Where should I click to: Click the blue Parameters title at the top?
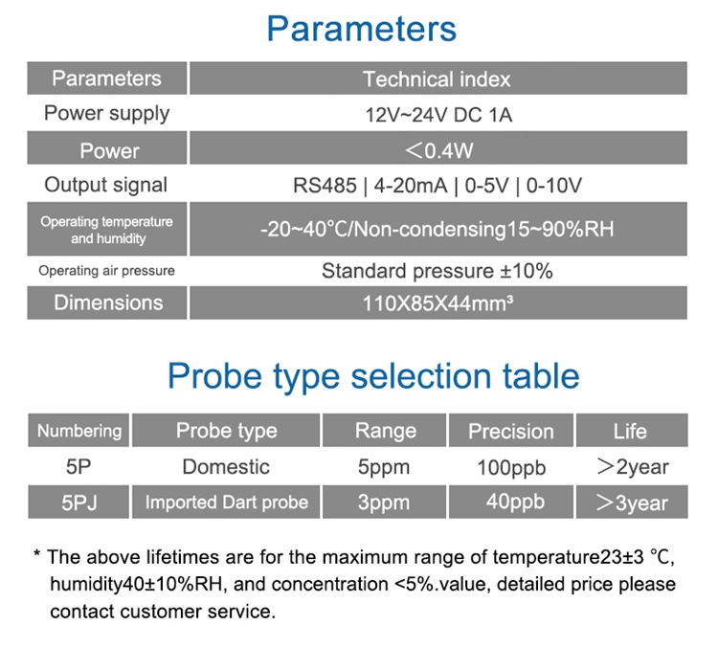tap(361, 29)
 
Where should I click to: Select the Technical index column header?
tap(437, 79)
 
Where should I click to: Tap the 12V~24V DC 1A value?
tap(438, 115)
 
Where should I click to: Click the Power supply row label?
tap(106, 114)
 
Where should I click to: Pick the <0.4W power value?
tap(438, 150)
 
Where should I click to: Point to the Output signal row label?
tap(105, 185)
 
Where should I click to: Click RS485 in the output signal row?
tap(325, 186)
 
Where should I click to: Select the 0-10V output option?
tap(554, 186)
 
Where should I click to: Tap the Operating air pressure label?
tap(106, 271)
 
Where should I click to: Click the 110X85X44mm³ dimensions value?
tap(438, 303)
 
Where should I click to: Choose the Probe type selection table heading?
tap(373, 376)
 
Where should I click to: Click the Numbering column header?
tap(79, 431)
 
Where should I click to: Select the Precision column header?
tap(511, 432)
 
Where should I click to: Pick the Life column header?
tap(630, 432)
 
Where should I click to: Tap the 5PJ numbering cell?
tap(79, 503)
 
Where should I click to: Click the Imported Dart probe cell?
tap(227, 503)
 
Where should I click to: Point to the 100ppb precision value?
tap(511, 468)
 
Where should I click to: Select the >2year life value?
tap(633, 467)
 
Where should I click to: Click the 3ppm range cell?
tap(384, 503)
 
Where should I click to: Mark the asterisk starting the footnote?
tap(37, 553)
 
